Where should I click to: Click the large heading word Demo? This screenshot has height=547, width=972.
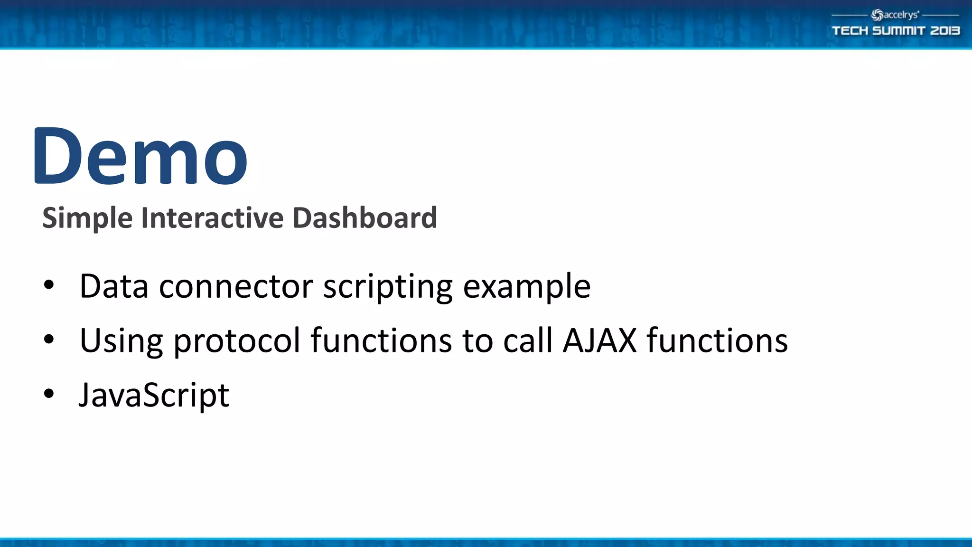[140, 157]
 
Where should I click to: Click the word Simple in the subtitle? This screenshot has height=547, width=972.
[87, 218]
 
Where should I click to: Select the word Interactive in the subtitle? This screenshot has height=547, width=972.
[212, 218]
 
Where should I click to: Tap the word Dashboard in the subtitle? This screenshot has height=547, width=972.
[364, 218]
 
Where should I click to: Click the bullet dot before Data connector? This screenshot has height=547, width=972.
[49, 285]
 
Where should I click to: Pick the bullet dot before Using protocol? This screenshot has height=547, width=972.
[49, 340]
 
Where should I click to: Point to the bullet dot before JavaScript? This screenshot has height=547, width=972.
[49, 394]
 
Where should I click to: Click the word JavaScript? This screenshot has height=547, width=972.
[154, 396]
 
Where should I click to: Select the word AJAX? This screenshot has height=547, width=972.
[599, 340]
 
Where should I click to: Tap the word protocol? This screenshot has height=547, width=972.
[237, 341]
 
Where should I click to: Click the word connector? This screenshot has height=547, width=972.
[236, 287]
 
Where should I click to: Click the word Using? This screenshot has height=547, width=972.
[121, 341]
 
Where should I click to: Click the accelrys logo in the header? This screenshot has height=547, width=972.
[895, 15]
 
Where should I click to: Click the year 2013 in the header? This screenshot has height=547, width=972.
[945, 31]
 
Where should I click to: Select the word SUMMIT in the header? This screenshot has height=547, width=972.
[899, 31]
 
